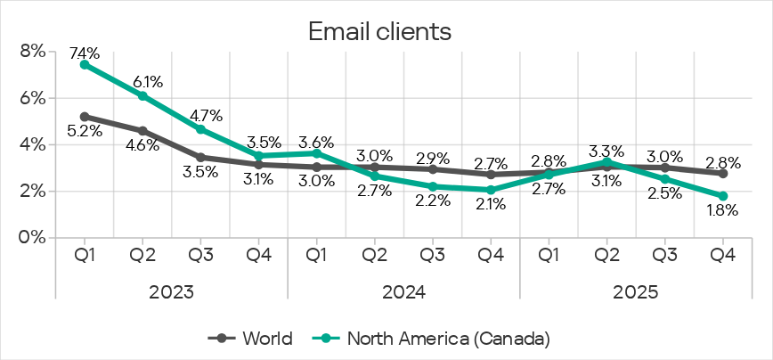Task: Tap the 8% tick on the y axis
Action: (32, 53)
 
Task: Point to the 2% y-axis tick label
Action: (32, 192)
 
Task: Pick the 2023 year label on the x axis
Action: (171, 291)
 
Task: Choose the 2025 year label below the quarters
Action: (636, 291)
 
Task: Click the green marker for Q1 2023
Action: (85, 64)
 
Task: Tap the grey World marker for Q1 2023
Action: (85, 117)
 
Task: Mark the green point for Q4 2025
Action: (723, 196)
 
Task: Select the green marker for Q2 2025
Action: (607, 161)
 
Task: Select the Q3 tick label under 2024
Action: (433, 254)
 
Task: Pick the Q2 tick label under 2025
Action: (607, 254)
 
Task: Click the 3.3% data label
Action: (607, 149)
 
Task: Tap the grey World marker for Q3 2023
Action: (200, 157)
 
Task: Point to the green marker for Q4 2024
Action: (491, 190)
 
